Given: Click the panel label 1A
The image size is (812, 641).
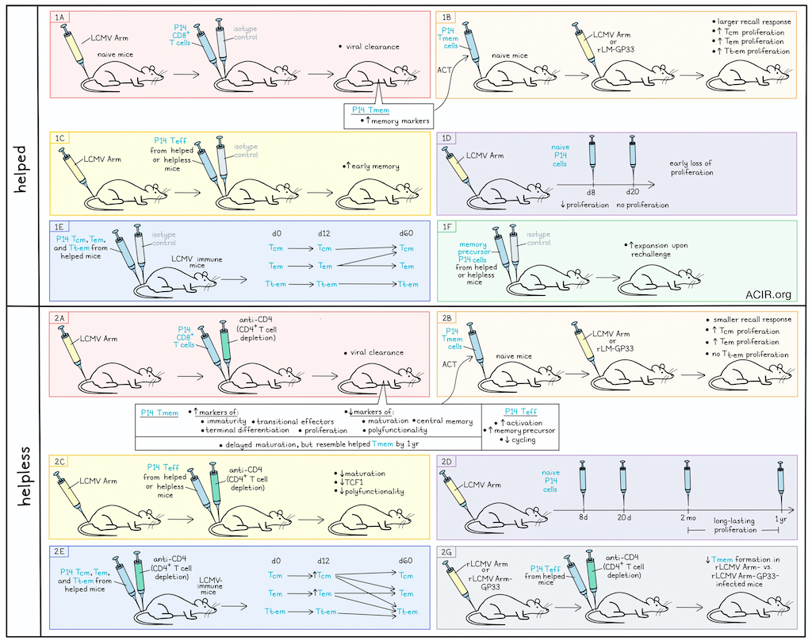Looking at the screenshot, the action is coord(59,17).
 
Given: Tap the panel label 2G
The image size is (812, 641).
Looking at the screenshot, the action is coord(446,552).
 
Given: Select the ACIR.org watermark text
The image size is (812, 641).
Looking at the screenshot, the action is coord(768,294).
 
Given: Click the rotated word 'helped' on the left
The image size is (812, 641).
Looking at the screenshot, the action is coord(21,169).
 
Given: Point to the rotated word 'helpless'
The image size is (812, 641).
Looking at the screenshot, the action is coord(24,476).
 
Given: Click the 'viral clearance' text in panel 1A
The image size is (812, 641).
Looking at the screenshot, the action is coord(373,47).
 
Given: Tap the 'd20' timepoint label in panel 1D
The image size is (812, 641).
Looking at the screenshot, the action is coord(632,192).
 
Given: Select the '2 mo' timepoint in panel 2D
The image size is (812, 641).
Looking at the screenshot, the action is coord(688,518).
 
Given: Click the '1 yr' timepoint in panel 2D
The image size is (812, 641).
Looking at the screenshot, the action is coord(780,519).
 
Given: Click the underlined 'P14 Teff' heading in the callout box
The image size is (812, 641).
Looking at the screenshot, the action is coord(520,412).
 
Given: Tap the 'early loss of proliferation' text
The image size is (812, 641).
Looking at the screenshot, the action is coord(691,167).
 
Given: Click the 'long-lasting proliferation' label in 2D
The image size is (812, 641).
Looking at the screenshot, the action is coord(734,525).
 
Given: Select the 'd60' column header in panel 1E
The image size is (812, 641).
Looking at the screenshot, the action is coord(406,233).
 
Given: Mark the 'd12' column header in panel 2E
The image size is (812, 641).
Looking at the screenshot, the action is coord(324,561).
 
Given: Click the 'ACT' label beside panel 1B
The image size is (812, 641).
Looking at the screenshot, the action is coord(444,70).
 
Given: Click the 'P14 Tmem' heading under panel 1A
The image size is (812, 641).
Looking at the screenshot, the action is coord(370,109).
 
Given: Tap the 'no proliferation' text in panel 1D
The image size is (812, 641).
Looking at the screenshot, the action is coord(642,205).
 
